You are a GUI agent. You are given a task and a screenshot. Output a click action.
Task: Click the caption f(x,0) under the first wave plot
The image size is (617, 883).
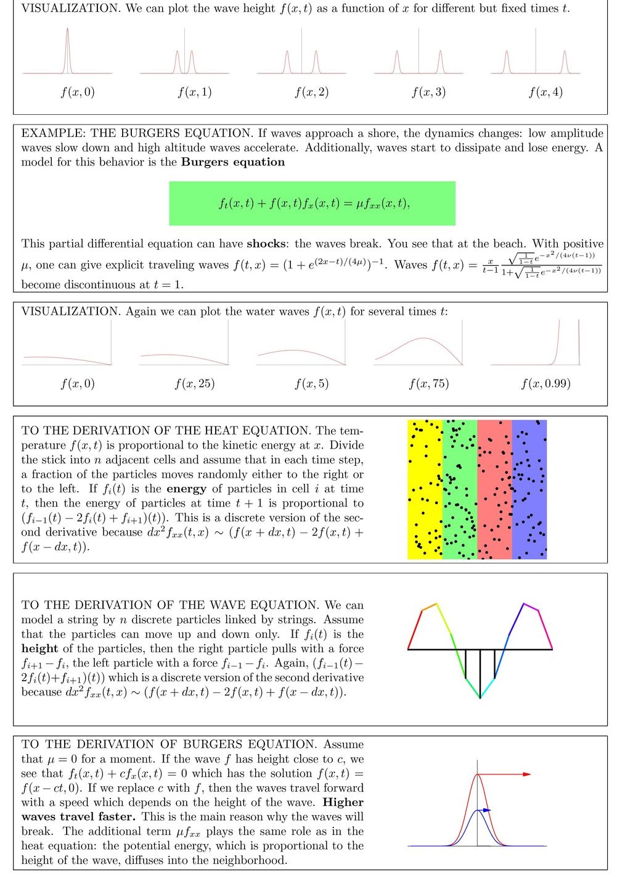pos(78,93)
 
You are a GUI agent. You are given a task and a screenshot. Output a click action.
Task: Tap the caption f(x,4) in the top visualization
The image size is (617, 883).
pos(545,93)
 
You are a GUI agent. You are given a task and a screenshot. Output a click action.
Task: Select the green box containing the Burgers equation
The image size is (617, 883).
pos(312,203)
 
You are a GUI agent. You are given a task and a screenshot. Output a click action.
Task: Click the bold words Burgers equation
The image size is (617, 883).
pos(233,162)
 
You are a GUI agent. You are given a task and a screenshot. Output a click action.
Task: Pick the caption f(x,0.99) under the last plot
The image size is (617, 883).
pos(545,384)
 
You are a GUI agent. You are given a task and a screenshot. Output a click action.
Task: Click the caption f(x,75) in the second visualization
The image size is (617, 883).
pos(429,384)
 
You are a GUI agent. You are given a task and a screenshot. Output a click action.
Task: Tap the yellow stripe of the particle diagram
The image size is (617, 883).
pos(425,489)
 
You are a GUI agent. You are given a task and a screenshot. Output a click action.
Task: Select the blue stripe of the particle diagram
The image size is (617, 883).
pos(529,489)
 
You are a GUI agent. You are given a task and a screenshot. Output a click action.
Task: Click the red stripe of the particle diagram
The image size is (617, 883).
pos(494,489)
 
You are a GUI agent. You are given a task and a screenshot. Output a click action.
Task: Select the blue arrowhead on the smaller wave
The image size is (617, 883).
pos(487,810)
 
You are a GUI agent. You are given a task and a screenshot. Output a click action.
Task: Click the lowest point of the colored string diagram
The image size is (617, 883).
pos(480,698)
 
